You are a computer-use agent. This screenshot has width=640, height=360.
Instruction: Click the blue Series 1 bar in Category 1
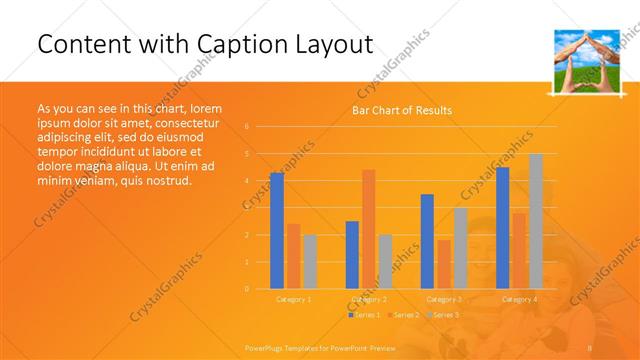point(277,231)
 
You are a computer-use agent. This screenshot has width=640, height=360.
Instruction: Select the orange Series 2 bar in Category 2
point(368,229)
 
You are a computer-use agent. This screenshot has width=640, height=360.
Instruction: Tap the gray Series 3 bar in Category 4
point(536,221)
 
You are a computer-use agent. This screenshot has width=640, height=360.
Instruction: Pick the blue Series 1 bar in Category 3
point(427,241)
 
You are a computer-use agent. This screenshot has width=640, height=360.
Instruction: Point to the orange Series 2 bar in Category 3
point(443,264)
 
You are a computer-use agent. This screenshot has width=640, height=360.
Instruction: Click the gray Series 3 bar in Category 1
point(310,262)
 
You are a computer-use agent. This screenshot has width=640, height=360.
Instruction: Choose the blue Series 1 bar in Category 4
point(502,228)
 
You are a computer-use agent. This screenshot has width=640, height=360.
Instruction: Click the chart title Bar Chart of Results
point(401,110)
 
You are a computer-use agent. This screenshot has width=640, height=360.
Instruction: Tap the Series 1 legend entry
point(365,315)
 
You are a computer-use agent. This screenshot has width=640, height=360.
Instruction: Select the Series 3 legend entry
point(443,315)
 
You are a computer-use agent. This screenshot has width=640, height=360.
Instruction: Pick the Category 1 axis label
point(293,299)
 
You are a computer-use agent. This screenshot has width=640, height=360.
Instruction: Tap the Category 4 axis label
point(519,299)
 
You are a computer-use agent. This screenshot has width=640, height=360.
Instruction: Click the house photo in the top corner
point(583,61)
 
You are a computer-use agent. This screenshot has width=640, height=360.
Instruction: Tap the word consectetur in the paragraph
point(188,122)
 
